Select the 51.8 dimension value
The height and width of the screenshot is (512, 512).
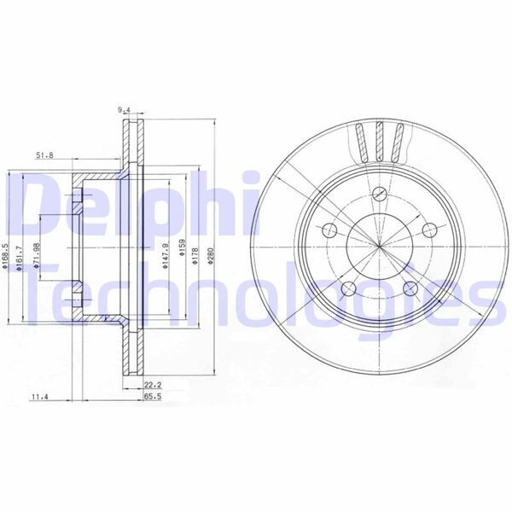pyautogui.click(x=45, y=154)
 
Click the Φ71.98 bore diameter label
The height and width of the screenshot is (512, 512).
pyautogui.click(x=37, y=257)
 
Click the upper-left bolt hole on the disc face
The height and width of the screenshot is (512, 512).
pyautogui.click(x=329, y=230)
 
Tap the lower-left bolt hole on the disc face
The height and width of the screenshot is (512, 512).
pyautogui.click(x=347, y=289)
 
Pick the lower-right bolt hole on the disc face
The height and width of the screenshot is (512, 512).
pyautogui.click(x=410, y=289)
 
